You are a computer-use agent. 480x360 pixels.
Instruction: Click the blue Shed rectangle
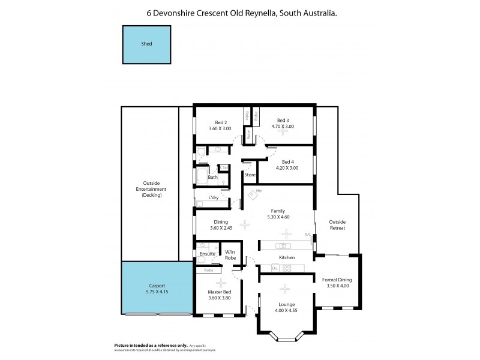click(x=146, y=44)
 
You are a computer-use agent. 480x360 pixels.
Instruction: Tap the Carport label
click(x=157, y=286)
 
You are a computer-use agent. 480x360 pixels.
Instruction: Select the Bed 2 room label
click(x=220, y=122)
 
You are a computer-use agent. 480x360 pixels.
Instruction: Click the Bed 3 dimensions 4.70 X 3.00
click(x=283, y=127)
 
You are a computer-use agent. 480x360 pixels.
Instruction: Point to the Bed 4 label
click(x=287, y=162)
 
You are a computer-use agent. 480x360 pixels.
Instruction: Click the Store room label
click(x=250, y=175)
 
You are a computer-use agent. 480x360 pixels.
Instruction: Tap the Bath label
click(x=212, y=177)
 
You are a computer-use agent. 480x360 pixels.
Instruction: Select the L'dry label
click(x=213, y=197)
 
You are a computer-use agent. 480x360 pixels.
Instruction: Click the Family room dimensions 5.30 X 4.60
click(x=278, y=217)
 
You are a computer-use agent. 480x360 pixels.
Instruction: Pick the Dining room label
click(x=220, y=221)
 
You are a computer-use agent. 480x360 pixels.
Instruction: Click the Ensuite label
click(x=208, y=254)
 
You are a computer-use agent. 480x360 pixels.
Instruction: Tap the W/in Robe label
click(x=230, y=254)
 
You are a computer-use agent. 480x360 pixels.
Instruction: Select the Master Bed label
click(x=220, y=292)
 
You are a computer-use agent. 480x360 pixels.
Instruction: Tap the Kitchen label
click(x=287, y=257)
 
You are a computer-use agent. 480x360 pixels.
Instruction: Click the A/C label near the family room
click(x=307, y=234)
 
